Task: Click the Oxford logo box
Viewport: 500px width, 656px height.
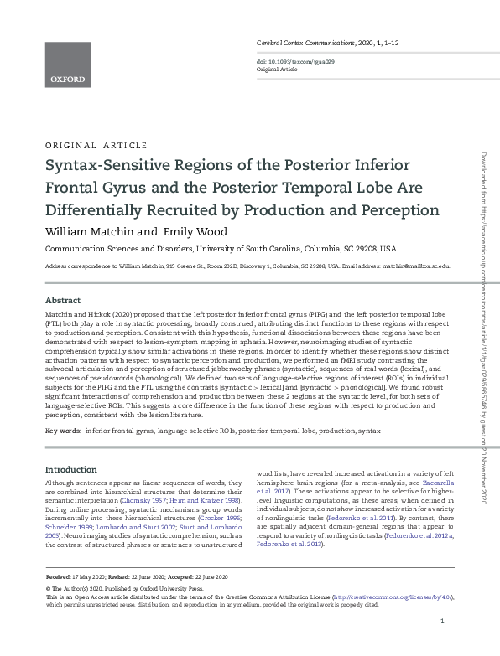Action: pyautogui.click(x=66, y=65)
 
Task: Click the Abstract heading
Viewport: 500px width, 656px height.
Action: pyautogui.click(x=63, y=300)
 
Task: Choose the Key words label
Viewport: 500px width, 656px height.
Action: pyautogui.click(x=63, y=431)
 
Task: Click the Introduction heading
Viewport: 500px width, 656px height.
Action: pyautogui.click(x=71, y=469)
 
